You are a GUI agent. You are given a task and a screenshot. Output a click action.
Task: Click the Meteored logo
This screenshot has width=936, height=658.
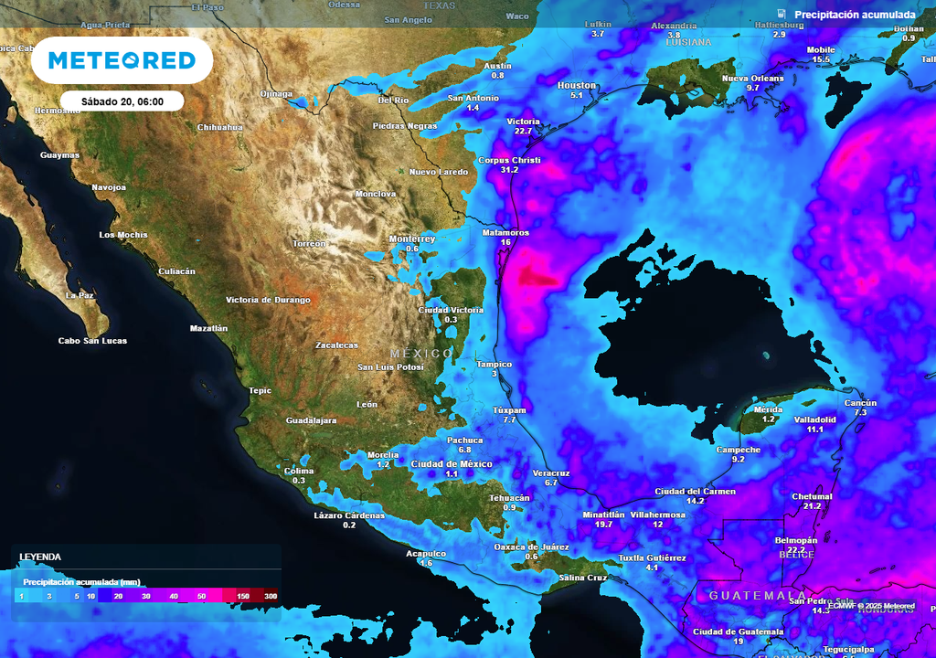tap(122, 61)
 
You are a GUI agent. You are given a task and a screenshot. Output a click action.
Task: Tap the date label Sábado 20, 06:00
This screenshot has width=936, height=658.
tap(122, 101)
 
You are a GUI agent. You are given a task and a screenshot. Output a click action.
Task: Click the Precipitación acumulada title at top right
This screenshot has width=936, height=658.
tap(855, 15)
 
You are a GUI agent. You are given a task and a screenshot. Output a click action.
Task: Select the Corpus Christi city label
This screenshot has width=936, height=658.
tap(510, 160)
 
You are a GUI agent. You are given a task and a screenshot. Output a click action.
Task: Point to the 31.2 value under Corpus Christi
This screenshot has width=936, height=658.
tap(510, 170)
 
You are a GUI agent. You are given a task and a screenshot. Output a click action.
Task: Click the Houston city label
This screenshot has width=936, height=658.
tap(576, 85)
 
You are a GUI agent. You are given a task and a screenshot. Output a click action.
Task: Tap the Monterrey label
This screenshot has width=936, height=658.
tap(412, 239)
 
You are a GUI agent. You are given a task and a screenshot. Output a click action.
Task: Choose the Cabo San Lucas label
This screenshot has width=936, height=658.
tap(92, 341)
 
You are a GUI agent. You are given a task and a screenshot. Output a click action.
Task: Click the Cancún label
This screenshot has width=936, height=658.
tap(860, 403)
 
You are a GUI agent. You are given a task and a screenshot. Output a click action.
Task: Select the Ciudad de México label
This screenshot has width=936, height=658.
tap(452, 464)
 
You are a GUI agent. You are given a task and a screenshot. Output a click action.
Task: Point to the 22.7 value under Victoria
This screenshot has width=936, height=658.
tap(523, 132)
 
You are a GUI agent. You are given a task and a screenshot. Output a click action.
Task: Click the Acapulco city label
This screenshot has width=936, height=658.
tap(426, 554)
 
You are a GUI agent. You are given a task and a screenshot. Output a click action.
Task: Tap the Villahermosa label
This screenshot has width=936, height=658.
tap(658, 515)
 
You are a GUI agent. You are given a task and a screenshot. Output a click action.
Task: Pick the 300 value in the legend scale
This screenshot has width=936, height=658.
tap(271, 596)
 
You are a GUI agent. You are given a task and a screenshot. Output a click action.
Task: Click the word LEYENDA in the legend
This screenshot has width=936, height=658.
tap(40, 557)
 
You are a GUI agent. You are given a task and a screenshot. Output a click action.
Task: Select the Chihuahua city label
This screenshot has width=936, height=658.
tap(220, 127)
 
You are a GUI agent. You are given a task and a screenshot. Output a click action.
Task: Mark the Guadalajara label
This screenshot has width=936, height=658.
tap(312, 420)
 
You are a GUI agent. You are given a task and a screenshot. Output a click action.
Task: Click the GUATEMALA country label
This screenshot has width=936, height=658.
tap(744, 595)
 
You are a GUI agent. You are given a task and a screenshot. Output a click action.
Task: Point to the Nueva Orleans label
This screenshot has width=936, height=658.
tap(753, 78)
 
